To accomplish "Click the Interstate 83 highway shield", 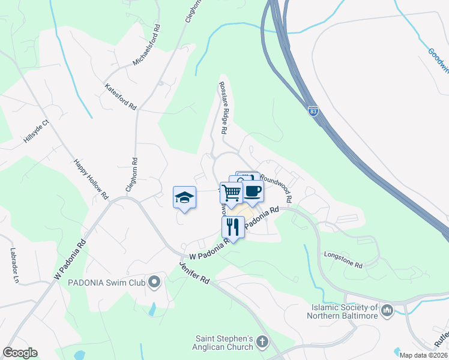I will tap(313, 110).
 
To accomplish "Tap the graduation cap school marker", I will tap(185, 197).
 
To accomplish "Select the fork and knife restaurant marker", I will tap(233, 227).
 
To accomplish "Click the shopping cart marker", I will tap(231, 193).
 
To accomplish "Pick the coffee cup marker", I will tap(253, 191).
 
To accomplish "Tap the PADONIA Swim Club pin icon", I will tap(154, 281).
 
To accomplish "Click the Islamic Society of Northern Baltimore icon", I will tap(387, 310).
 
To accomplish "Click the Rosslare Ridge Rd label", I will tap(223, 108).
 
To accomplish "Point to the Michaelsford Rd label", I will tap(147, 46).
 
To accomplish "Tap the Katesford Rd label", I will tap(121, 97).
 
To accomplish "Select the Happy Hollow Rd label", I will tap(91, 179).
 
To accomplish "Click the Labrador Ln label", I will tap(13, 266).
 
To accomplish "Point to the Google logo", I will tap(20, 353).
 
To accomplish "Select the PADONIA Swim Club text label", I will tap(107, 282).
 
